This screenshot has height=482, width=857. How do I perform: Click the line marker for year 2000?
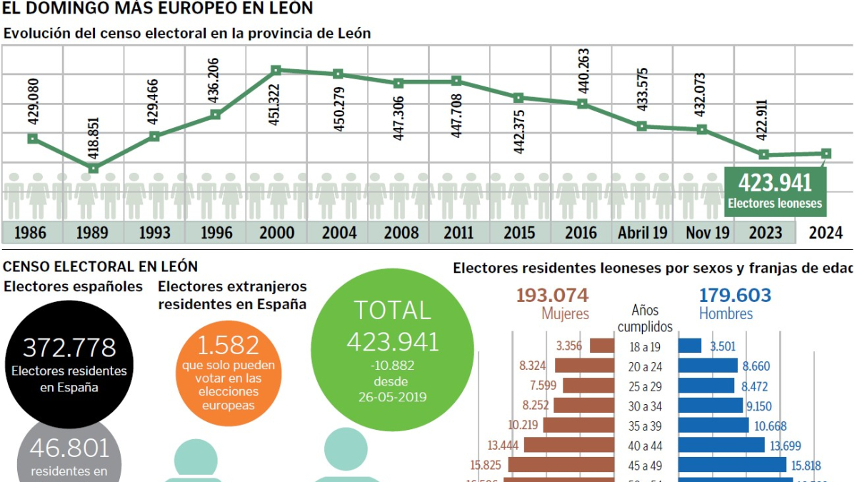tap(276, 70)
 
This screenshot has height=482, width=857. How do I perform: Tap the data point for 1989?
tap(93, 169)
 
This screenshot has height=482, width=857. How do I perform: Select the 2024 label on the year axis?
tap(827, 233)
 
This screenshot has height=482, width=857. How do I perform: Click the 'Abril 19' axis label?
tap(643, 233)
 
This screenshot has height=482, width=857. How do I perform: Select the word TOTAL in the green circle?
tap(392, 311)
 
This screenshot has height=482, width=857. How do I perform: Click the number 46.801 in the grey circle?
tap(69, 448)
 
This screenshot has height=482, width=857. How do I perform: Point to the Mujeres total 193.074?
tap(552, 296)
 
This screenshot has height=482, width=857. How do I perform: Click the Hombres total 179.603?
tap(735, 296)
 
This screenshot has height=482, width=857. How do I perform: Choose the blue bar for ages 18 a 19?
tap(690, 346)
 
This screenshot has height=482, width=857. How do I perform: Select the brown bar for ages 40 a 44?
tap(569, 445)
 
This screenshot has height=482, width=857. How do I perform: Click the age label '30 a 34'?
tap(646, 406)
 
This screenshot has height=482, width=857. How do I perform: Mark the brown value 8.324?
tap(533, 366)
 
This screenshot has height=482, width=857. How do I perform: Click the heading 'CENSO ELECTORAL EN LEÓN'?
tap(100, 266)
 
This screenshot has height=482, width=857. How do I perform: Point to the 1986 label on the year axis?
tap(31, 233)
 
